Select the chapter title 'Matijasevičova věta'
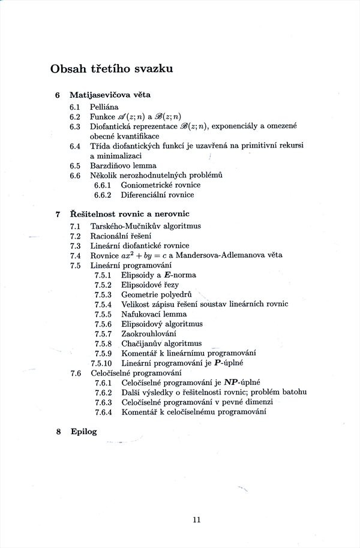tap(110, 95)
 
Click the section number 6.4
tap(75, 146)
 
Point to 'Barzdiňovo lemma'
tap(123, 165)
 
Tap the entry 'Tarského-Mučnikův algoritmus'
tap(146, 226)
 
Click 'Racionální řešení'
tap(119, 236)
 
